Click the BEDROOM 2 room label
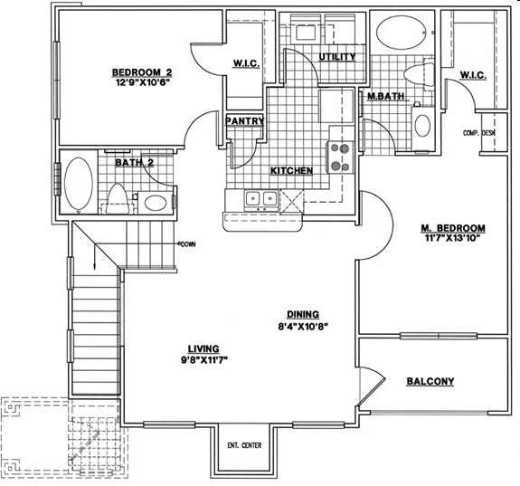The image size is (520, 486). (142, 72)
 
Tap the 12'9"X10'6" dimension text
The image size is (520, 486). (142, 82)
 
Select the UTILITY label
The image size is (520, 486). (337, 57)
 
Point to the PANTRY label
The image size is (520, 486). (244, 121)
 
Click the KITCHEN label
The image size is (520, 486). (291, 171)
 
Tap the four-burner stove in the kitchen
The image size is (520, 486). (341, 157)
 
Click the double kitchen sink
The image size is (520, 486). (261, 200)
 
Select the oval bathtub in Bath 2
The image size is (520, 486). (79, 183)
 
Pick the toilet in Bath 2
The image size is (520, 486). (118, 199)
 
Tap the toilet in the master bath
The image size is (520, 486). (419, 73)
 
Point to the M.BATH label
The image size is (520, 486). (385, 96)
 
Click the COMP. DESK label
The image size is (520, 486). (479, 133)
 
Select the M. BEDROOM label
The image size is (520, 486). (453, 228)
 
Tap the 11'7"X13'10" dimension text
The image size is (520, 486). (452, 238)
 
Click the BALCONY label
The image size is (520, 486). (430, 381)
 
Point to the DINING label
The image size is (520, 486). (303, 314)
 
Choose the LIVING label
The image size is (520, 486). (203, 349)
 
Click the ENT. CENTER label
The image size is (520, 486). (244, 445)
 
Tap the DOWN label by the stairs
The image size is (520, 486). (187, 244)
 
